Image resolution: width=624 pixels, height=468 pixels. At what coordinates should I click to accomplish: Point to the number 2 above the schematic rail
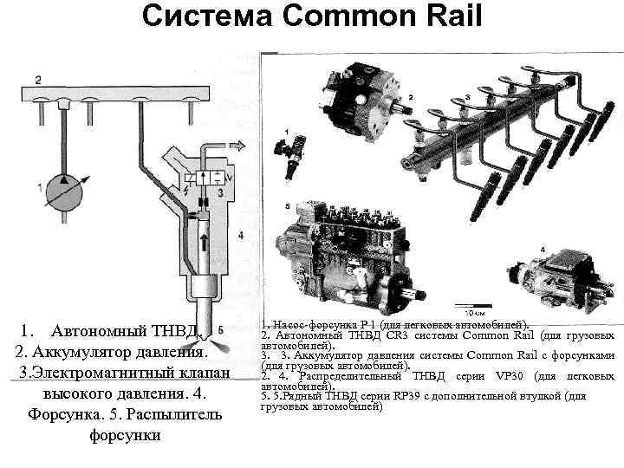pos(37,80)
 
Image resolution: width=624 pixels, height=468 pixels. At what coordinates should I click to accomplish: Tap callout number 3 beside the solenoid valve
pos(221,191)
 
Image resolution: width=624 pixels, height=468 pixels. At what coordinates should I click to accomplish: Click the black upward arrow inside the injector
pos(204,244)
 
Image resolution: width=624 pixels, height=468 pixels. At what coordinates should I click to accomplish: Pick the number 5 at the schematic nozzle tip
pos(222,331)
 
